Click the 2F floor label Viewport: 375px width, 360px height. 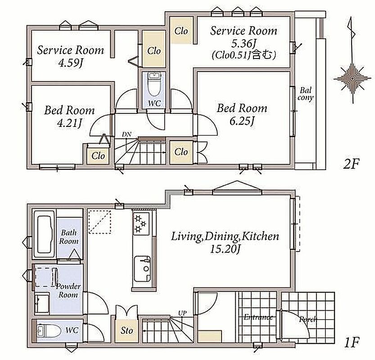click(351, 164)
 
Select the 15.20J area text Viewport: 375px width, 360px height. click(225, 249)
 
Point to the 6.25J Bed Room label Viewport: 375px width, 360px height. click(242, 114)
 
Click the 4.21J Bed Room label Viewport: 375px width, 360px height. click(70, 117)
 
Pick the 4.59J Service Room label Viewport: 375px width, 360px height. click(71, 56)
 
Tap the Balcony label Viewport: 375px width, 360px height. click(305, 94)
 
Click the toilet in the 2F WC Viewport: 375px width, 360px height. click(154, 85)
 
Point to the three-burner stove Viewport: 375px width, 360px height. click(141, 223)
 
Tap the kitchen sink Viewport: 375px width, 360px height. click(142, 269)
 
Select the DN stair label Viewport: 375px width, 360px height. click(127, 135)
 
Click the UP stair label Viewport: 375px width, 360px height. click(182, 313)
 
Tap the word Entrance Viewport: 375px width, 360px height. click(258, 317)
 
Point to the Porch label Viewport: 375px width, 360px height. click(307, 319)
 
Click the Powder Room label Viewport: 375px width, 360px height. click(68, 290)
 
